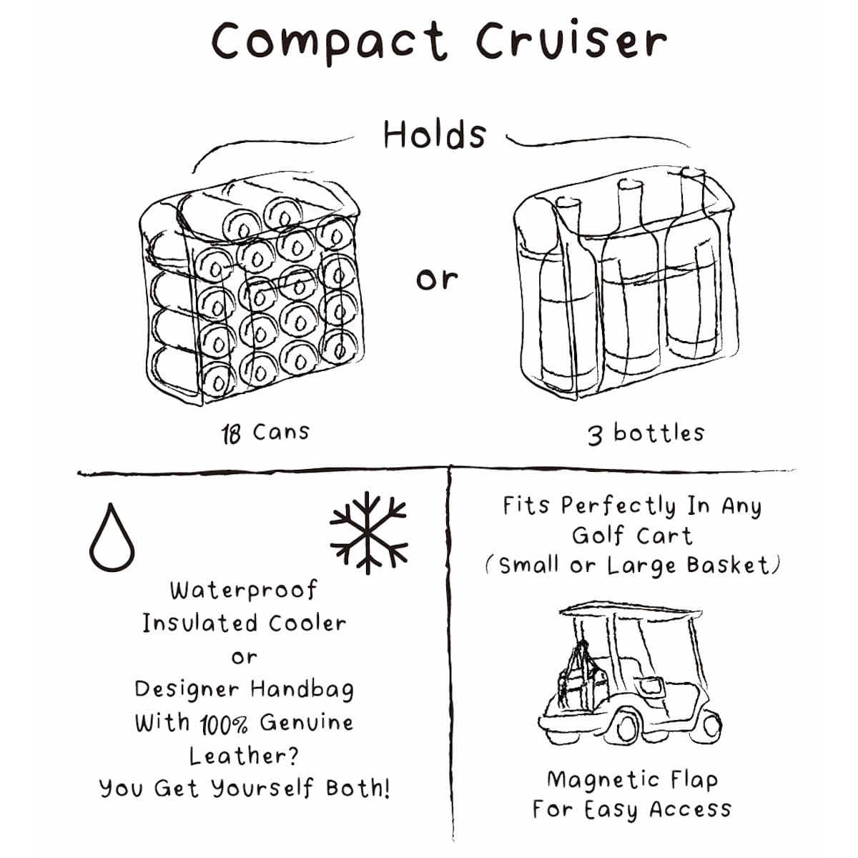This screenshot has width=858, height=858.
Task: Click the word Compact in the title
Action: coord(329,41)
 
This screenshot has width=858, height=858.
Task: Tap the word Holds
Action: coord(435,134)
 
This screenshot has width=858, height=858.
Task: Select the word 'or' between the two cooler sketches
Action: coord(436,279)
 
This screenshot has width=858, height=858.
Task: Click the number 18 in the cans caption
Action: coord(231,433)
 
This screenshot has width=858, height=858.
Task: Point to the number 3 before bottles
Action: coord(595,435)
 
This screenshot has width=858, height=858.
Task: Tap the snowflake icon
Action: coord(368,532)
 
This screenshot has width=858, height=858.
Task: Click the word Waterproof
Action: coord(244,591)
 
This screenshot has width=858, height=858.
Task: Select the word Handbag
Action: coord(302,690)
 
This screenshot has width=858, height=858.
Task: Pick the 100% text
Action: coord(224,724)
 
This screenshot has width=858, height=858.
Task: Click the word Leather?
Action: coord(244,756)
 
